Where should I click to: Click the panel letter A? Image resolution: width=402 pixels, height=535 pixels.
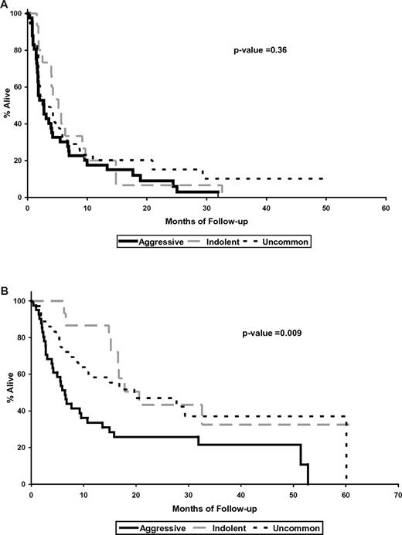click(x=5, y=5)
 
